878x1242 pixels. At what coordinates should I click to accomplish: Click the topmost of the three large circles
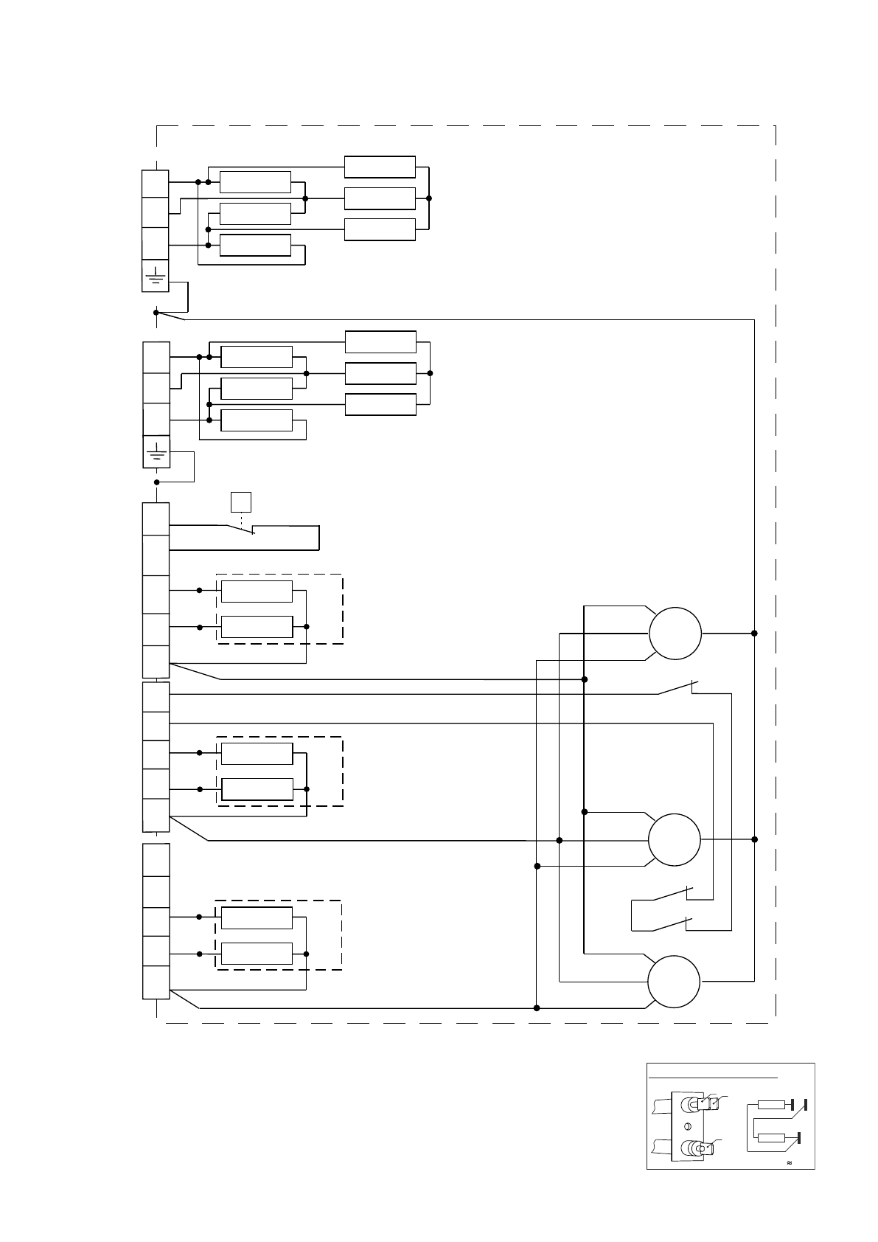(675, 634)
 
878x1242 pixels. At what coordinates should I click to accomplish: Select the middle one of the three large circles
(674, 839)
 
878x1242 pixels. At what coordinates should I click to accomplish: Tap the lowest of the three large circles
(674, 982)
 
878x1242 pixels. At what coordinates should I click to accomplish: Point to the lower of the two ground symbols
(156, 451)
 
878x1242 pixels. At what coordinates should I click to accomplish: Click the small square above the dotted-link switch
(241, 502)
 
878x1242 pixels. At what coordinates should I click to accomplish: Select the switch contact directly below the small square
(240, 529)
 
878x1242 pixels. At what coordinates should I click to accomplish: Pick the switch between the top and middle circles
(677, 689)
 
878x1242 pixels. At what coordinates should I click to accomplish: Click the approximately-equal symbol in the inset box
(790, 1163)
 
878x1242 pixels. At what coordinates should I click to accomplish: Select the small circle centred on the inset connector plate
(688, 1126)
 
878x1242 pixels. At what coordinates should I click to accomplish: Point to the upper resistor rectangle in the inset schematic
(772, 1105)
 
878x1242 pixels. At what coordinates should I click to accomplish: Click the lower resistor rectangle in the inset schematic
(772, 1138)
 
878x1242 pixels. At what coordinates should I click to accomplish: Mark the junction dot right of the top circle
(754, 634)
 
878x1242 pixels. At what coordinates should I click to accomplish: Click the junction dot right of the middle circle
(754, 839)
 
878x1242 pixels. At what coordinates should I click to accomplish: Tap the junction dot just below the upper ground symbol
(156, 313)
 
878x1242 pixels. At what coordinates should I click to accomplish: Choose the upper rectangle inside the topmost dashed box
(257, 591)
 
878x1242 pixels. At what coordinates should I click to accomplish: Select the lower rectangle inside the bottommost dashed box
(257, 954)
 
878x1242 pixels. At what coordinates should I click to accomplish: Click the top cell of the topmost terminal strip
(155, 183)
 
